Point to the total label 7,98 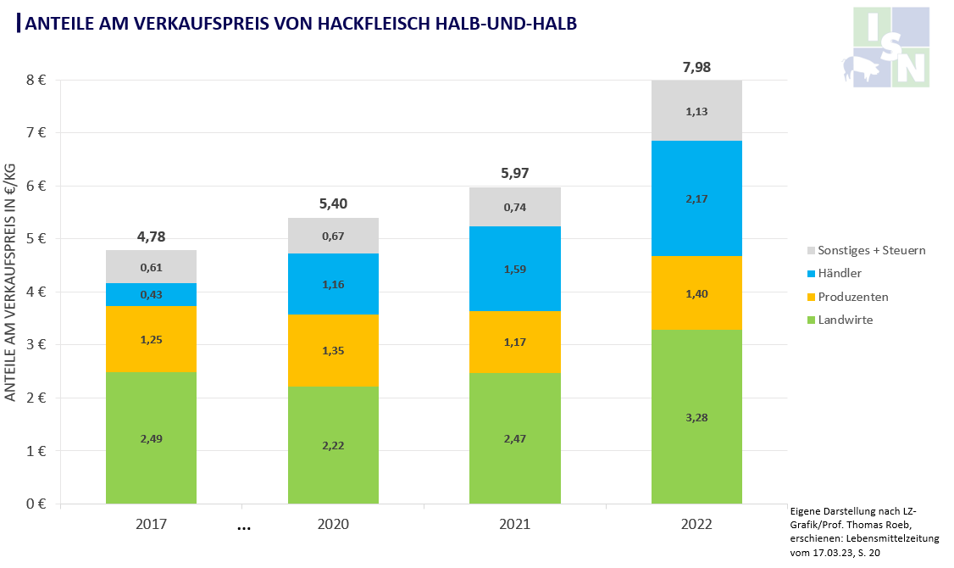pos(696,67)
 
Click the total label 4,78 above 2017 pos(151,237)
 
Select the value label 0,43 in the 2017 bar pos(151,294)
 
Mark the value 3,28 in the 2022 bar pos(696,416)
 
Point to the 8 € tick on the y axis pos(36,81)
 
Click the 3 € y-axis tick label pos(36,345)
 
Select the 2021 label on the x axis pos(515,525)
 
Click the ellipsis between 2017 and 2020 pos(244,527)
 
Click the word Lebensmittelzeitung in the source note pos(896,538)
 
